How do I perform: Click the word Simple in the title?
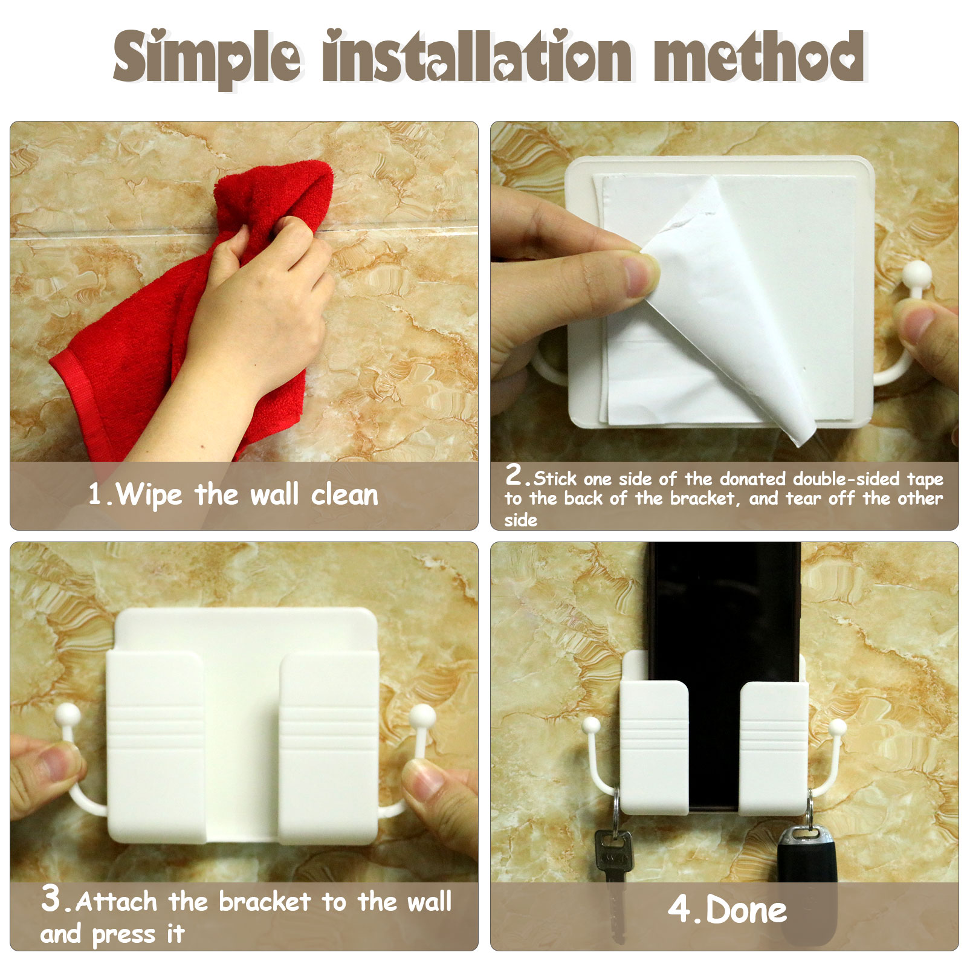(x=207, y=57)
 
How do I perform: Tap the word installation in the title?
(x=477, y=56)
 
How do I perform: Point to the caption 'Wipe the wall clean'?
(x=233, y=494)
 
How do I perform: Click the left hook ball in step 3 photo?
(x=67, y=716)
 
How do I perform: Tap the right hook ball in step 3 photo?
(x=422, y=717)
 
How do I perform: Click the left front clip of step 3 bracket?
(x=156, y=747)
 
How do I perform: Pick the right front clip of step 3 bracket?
(x=329, y=747)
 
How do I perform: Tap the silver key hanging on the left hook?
(x=614, y=876)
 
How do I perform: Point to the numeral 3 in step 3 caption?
(x=51, y=898)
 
